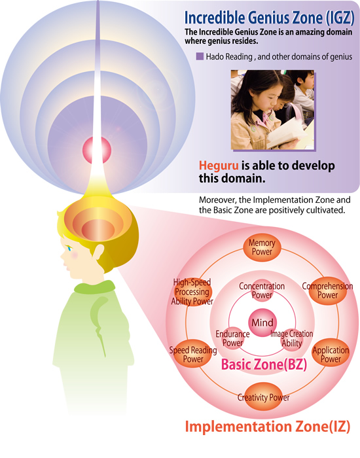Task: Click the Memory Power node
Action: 262,248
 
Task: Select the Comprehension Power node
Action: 327,291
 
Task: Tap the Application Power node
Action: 331,354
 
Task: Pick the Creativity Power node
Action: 263,397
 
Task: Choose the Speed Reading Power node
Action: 193,354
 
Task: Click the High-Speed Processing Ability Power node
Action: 192,292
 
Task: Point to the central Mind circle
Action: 262,323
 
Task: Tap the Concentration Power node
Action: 262,291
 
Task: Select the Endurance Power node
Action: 232,338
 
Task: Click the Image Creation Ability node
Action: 291,338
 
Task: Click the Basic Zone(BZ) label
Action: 264,364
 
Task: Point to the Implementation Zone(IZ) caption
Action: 267,427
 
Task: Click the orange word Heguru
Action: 219,166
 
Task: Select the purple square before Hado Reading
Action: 200,56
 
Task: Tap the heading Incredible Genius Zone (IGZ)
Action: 269,18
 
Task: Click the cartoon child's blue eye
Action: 70,248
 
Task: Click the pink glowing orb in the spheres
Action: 97,150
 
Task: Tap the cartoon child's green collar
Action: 95,287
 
